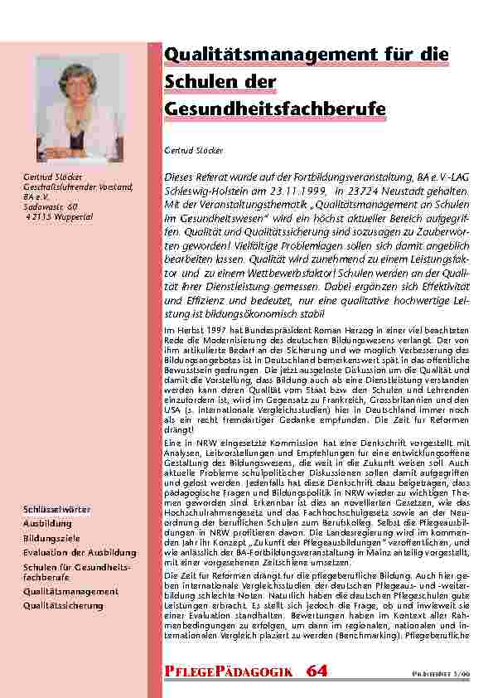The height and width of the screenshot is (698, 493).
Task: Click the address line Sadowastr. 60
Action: [x=51, y=205]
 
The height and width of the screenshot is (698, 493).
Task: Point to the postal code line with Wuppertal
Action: [x=56, y=214]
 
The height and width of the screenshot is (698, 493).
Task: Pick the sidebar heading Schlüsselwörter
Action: [x=57, y=508]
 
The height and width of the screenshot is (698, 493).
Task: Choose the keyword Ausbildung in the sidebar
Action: [x=47, y=524]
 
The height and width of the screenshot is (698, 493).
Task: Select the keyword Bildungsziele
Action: [x=52, y=538]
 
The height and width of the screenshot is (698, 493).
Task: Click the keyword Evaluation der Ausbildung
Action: [x=80, y=552]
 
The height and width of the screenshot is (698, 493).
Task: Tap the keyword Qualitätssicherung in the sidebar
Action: [x=64, y=606]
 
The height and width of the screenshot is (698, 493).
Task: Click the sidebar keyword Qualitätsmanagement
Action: [x=70, y=592]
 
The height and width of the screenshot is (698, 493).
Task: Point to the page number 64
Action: [x=317, y=670]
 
